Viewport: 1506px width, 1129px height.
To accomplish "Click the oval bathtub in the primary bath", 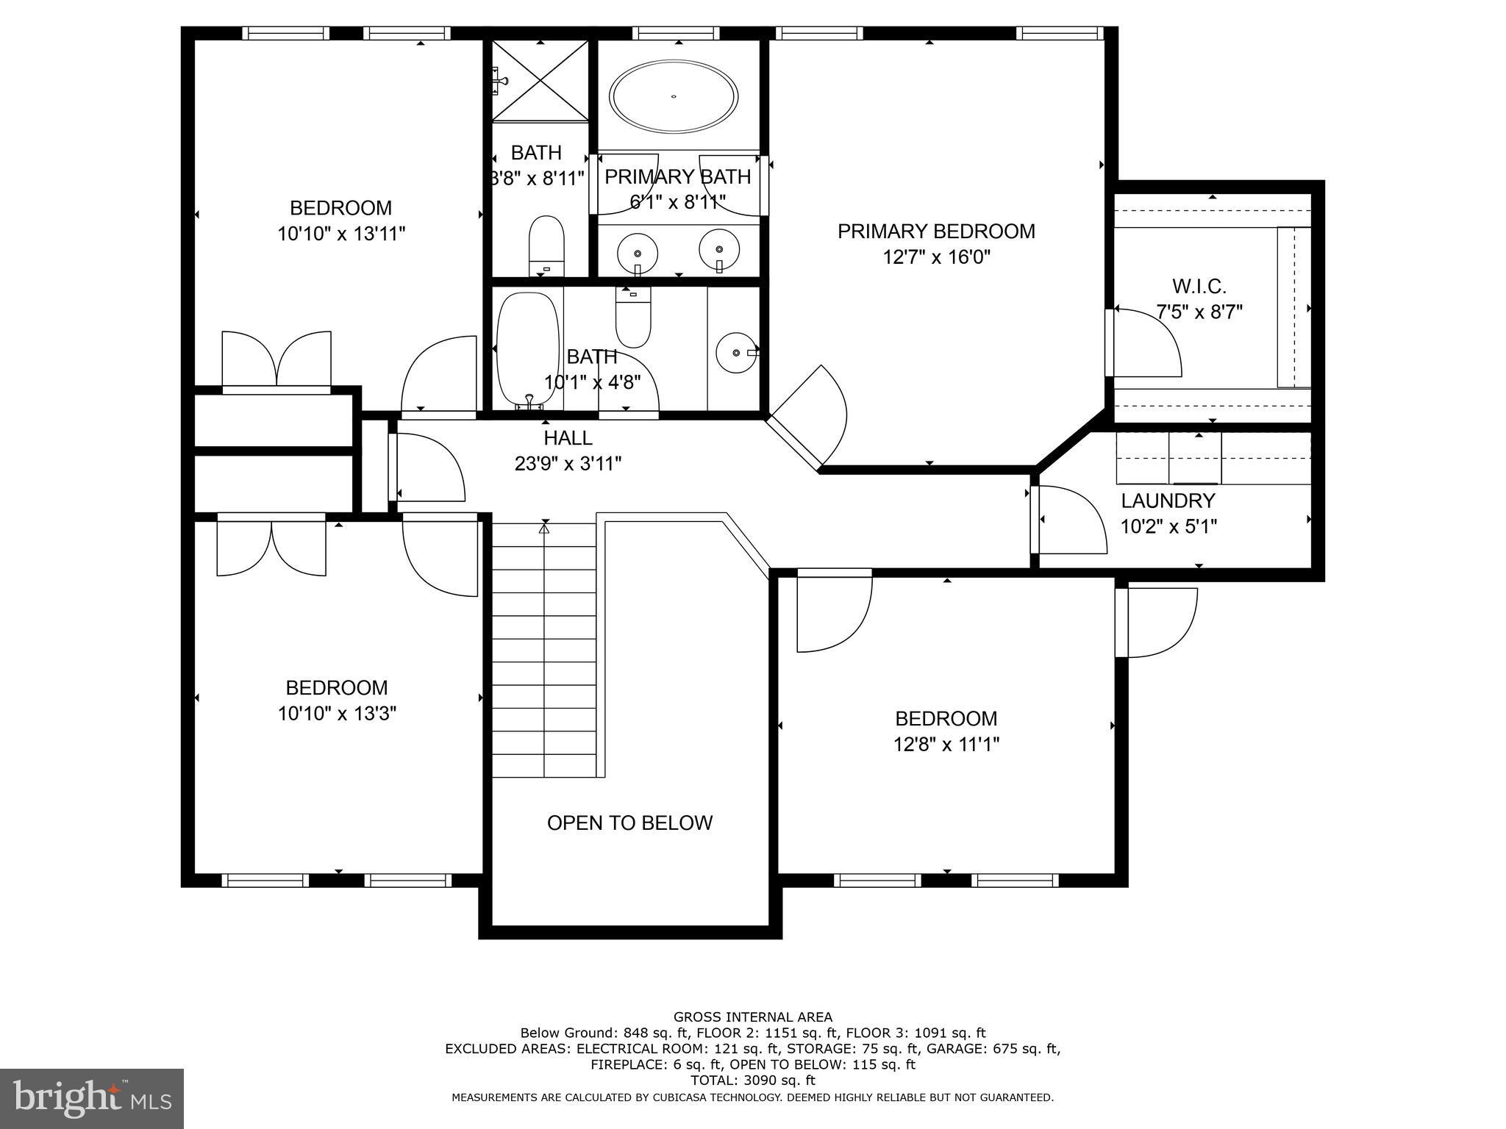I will click(x=674, y=97).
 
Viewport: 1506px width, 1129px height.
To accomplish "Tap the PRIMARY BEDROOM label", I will click(x=936, y=232).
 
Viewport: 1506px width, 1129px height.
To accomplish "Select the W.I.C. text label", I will click(x=1199, y=286).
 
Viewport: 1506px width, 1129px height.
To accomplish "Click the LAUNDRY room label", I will click(x=1168, y=501).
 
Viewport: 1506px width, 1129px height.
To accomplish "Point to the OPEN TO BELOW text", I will click(x=629, y=822).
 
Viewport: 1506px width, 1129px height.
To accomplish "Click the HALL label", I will click(x=568, y=438).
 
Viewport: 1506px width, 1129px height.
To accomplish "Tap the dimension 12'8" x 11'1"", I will click(x=946, y=745).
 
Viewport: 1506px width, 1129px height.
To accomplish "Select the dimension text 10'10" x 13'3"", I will click(x=337, y=713).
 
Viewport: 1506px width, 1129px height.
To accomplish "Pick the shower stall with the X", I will click(x=540, y=80).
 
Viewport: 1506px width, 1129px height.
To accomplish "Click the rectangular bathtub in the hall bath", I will click(x=527, y=350).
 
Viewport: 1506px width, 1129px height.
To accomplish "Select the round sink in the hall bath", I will click(x=736, y=353).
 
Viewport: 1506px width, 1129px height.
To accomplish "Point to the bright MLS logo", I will click(x=92, y=1098).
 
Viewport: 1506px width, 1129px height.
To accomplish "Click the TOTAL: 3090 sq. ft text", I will click(x=752, y=1080).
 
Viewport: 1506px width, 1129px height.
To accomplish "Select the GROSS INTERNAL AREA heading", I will click(x=752, y=1017).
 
